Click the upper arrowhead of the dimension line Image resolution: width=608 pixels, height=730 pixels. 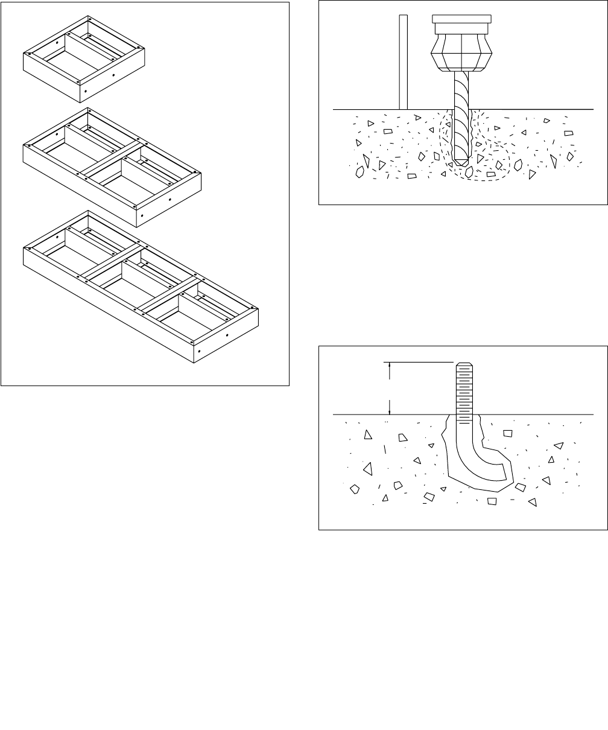(390, 365)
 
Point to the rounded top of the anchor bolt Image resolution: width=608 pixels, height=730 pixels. (463, 364)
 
